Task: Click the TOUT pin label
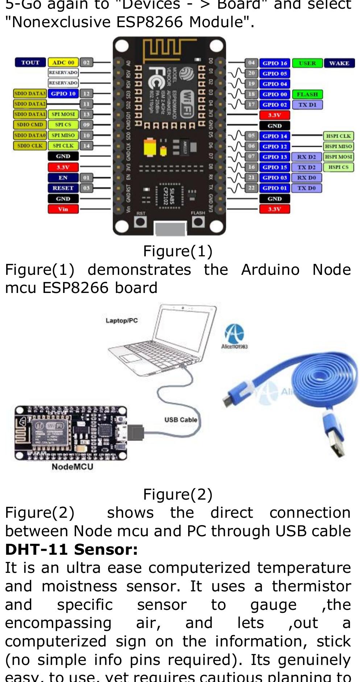point(30,62)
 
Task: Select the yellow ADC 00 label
point(63,62)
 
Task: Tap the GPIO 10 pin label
point(63,94)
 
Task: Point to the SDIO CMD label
point(30,125)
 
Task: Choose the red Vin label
point(63,209)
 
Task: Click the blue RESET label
point(63,188)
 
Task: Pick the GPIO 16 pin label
point(274,63)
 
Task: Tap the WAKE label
point(339,63)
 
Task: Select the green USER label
point(307,63)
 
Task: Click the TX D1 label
point(307,105)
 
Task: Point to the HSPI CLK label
point(338,136)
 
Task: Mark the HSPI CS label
point(338,167)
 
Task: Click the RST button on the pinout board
point(140,221)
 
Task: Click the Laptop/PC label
point(121,321)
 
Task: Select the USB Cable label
point(181,420)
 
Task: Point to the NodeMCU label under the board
point(72,467)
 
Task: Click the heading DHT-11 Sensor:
point(71,550)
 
